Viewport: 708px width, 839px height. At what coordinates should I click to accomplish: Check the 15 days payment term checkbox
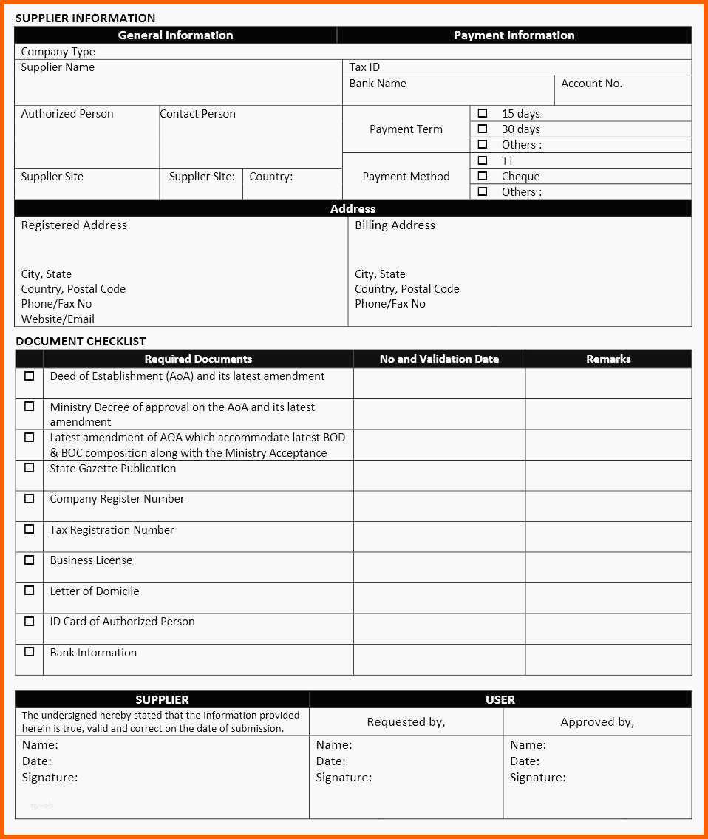[483, 113]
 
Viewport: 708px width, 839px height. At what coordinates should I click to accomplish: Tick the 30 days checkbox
[483, 129]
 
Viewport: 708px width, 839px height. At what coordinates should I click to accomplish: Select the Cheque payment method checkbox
[483, 176]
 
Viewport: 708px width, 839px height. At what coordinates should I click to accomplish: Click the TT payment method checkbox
[483, 160]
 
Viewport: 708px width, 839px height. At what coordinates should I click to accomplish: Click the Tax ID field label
[364, 67]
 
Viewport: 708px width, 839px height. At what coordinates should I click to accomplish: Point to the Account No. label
[591, 84]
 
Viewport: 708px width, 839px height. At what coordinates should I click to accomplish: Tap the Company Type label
[58, 52]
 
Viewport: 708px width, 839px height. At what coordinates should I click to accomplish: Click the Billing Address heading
[395, 225]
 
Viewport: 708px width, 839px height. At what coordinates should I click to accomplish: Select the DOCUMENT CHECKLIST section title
[81, 341]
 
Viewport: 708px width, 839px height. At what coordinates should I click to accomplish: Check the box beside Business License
[30, 560]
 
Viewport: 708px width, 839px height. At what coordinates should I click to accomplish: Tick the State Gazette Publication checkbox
[30, 467]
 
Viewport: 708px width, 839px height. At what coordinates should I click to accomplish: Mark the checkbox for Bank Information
[30, 651]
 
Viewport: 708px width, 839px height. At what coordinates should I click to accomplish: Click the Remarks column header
[608, 359]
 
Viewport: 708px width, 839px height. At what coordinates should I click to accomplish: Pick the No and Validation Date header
[439, 359]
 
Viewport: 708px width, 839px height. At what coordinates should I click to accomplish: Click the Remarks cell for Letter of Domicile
[608, 598]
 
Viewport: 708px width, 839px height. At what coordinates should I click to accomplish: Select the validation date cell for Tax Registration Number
[439, 537]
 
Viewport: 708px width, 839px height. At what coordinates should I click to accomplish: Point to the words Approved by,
[597, 722]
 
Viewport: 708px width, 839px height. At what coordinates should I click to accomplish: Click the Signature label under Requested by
[344, 778]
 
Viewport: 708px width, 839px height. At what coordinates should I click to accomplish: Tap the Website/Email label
[58, 319]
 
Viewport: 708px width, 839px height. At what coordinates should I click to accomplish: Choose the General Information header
[175, 35]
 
